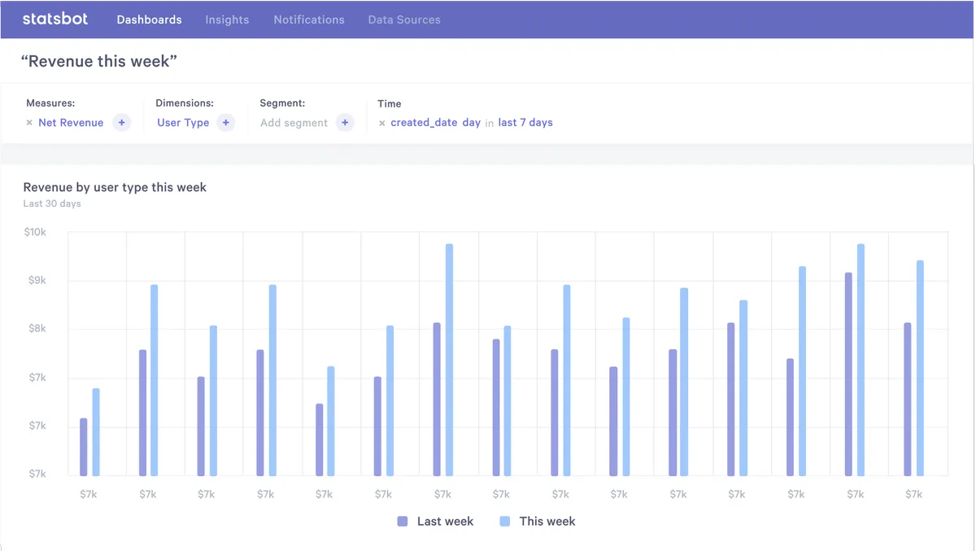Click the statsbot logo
(54, 19)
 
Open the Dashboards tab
(149, 20)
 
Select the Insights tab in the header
(227, 20)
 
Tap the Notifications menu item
(308, 20)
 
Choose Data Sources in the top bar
(404, 20)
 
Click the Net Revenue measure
(71, 123)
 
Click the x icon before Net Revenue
(29, 123)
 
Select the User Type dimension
(183, 123)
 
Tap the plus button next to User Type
(226, 123)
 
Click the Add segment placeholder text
(294, 123)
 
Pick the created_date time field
(424, 123)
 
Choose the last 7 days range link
(525, 123)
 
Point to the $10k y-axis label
(35, 233)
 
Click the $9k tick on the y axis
(37, 281)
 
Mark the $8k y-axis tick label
(37, 329)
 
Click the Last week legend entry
(435, 521)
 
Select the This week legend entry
(538, 521)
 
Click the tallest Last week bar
(848, 374)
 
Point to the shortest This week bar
(96, 432)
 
